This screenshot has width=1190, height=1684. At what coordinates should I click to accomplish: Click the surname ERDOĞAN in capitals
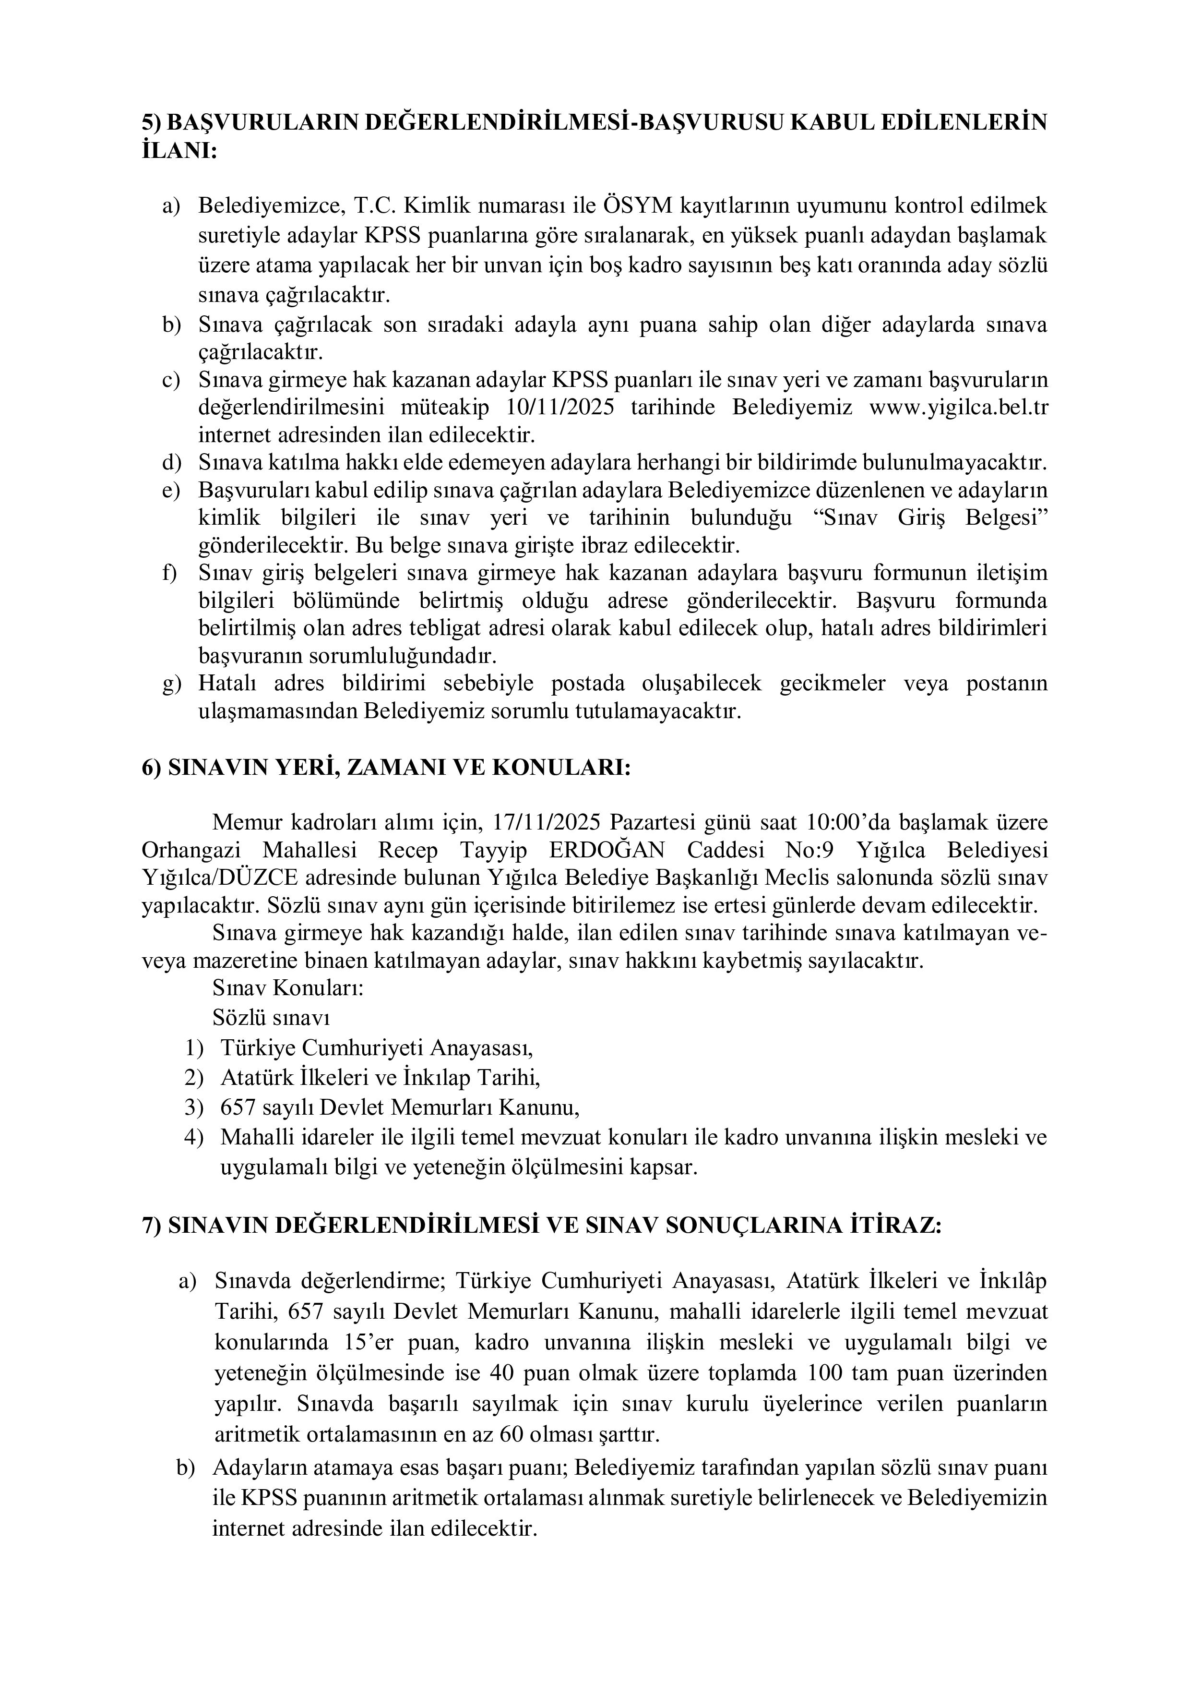pyautogui.click(x=607, y=850)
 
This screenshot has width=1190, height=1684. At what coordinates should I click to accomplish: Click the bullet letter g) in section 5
pyautogui.click(x=172, y=684)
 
